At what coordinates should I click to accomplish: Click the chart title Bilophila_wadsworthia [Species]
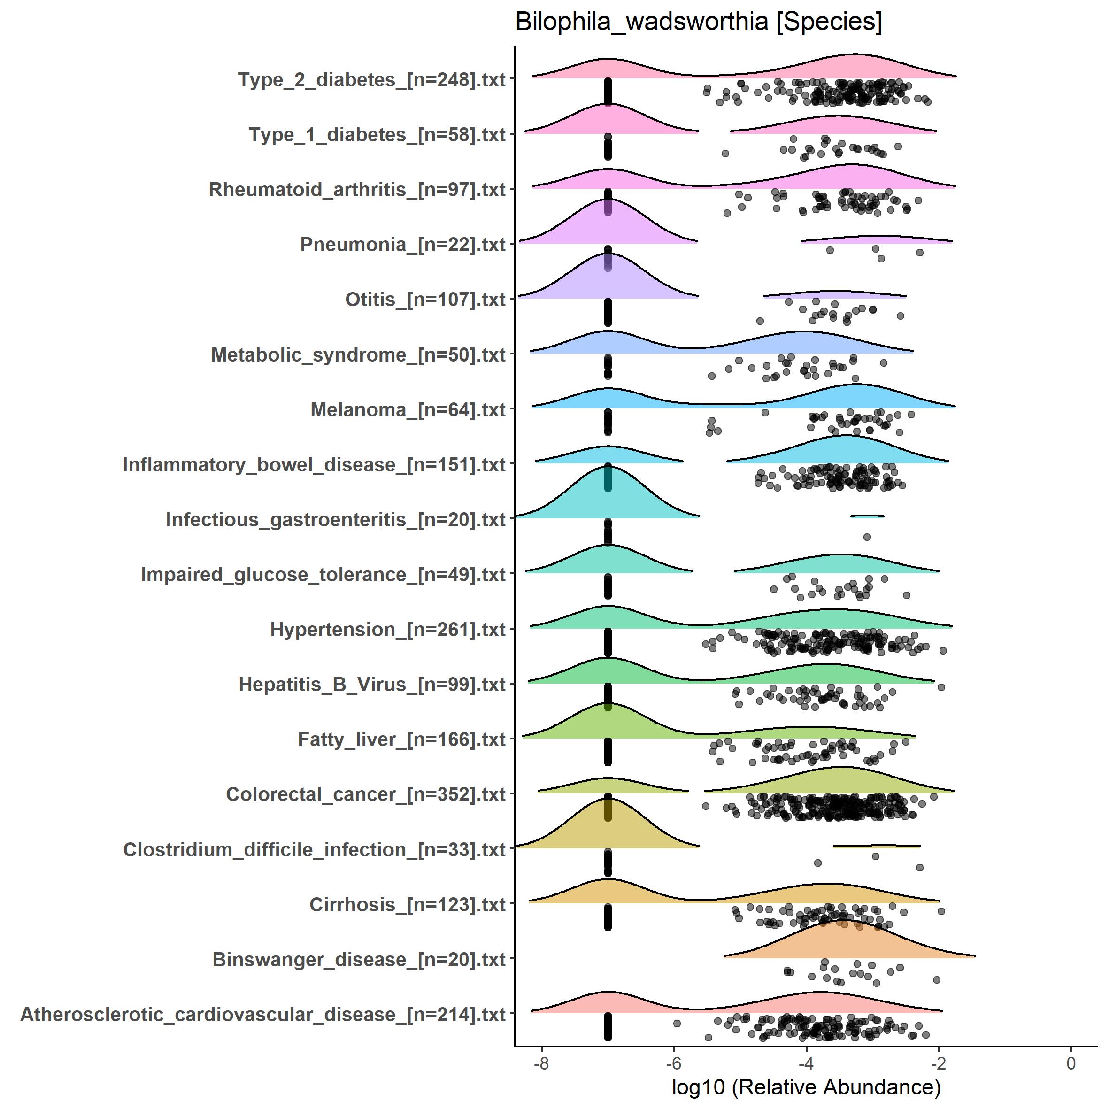[698, 23]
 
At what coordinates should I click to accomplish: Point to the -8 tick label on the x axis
[541, 1063]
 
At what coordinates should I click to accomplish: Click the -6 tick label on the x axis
[673, 1063]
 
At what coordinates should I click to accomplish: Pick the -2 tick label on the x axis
[938, 1063]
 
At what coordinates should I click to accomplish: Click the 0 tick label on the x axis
[1070, 1063]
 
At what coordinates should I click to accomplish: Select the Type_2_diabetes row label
[371, 80]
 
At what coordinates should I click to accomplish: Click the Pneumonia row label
[402, 245]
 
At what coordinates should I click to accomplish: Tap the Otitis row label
[425, 300]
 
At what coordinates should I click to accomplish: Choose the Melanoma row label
[408, 410]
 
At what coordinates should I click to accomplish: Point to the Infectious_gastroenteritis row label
[335, 520]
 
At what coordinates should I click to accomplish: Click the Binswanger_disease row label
[359, 960]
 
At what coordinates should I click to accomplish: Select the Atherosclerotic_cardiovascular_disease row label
[263, 1015]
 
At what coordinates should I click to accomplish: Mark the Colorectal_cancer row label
[366, 794]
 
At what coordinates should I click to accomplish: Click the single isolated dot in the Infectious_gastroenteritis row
[867, 537]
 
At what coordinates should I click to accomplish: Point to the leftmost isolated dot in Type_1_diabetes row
[725, 153]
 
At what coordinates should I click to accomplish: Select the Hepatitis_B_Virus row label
[372, 685]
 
